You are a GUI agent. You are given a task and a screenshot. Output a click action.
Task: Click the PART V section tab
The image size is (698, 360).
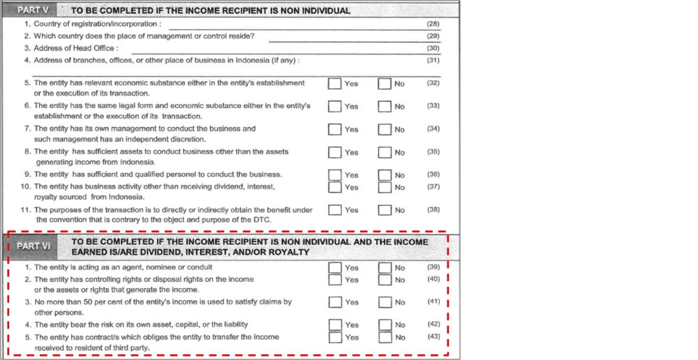34,11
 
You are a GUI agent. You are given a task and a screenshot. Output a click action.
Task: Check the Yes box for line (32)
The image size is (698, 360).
335,84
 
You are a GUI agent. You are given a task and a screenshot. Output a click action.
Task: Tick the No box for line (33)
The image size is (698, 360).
385,107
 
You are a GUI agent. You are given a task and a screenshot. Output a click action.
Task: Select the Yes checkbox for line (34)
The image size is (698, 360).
335,129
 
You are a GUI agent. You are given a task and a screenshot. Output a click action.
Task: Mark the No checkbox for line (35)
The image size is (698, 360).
385,152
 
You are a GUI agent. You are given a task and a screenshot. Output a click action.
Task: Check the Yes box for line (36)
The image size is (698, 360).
335,174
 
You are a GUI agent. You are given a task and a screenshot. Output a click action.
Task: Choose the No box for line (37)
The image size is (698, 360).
385,187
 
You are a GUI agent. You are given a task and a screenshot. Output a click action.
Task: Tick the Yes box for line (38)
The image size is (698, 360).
335,209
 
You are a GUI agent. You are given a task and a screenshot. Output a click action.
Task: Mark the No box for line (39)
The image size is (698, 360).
385,267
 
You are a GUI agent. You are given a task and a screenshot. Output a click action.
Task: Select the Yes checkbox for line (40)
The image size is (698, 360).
335,280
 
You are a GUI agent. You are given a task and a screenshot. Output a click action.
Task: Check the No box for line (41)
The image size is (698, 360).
385,302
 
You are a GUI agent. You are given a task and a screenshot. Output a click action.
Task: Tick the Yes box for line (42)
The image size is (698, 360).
335,324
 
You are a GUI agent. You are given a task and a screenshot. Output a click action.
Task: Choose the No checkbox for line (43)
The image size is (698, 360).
385,337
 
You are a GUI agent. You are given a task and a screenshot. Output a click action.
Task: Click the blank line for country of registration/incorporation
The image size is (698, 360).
293,26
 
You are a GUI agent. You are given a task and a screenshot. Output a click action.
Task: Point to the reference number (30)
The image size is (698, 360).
433,48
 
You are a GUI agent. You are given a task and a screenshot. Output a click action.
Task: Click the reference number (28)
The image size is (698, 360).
433,24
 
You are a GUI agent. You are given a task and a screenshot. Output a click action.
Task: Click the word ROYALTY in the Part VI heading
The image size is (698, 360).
286,252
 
